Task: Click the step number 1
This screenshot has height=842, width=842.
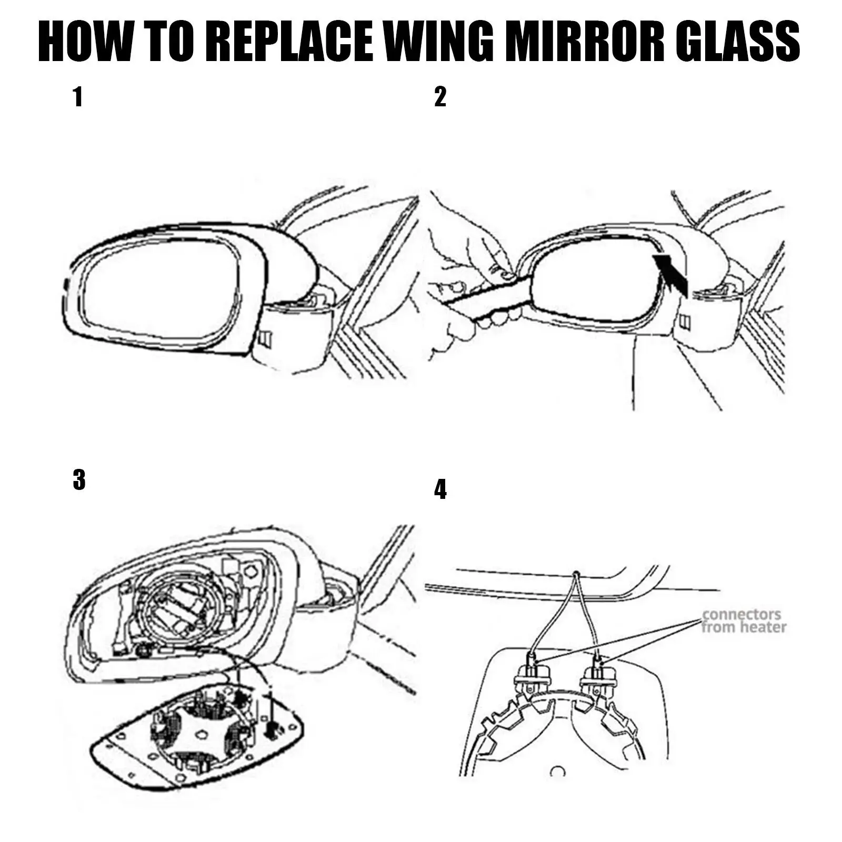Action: pos(78,97)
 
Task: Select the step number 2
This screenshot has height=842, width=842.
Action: pos(440,97)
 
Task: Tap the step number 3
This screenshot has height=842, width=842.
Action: pos(79,480)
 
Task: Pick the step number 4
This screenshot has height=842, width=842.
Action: pos(440,489)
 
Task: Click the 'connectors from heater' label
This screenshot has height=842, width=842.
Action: pos(743,621)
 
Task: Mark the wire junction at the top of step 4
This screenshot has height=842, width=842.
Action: pos(577,573)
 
